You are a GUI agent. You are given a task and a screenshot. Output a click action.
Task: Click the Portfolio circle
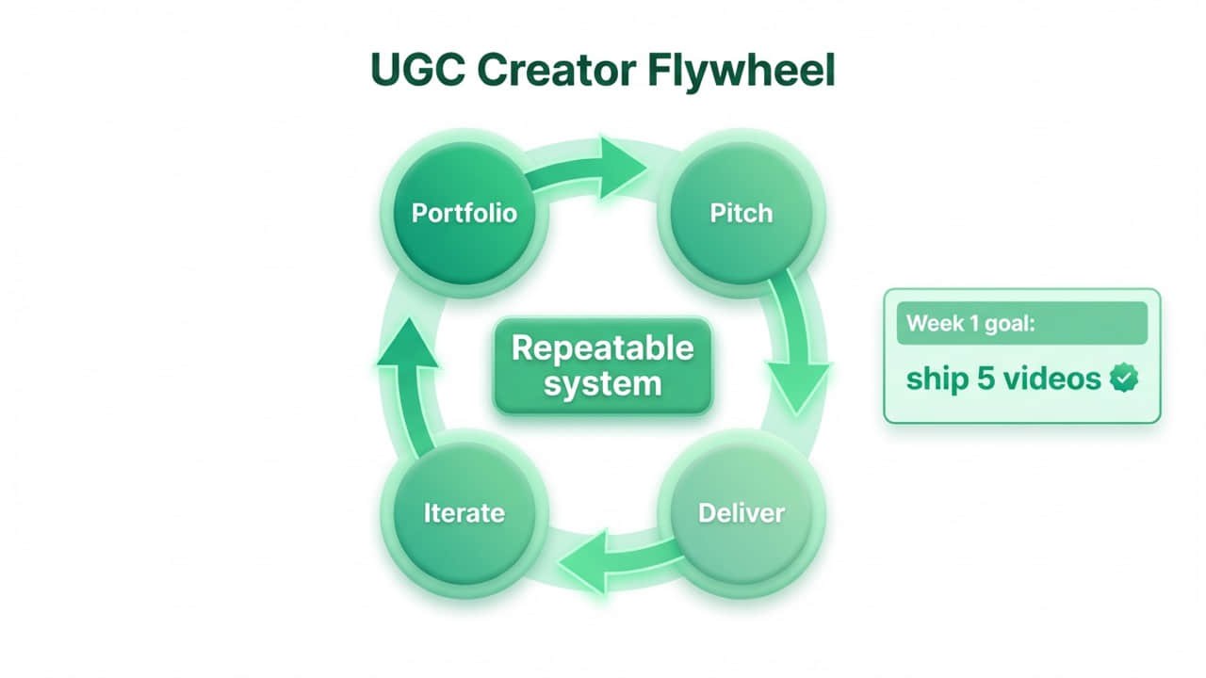point(464,213)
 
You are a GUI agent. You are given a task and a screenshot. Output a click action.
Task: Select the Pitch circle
point(741,213)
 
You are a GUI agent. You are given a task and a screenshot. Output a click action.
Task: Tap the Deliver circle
point(741,513)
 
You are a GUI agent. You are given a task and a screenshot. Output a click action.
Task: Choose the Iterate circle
point(464,513)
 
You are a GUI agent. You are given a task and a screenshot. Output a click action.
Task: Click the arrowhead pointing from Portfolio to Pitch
point(621,167)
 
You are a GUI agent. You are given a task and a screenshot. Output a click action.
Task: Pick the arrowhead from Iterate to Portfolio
point(407,345)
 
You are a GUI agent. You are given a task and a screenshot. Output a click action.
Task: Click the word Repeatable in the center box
point(602,348)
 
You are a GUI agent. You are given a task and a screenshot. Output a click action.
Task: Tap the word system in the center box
point(602,384)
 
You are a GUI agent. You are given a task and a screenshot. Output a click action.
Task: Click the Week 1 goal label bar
point(1021,323)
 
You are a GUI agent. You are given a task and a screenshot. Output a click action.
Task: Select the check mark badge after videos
point(1123,379)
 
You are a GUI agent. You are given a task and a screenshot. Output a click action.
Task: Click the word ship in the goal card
point(937,379)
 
